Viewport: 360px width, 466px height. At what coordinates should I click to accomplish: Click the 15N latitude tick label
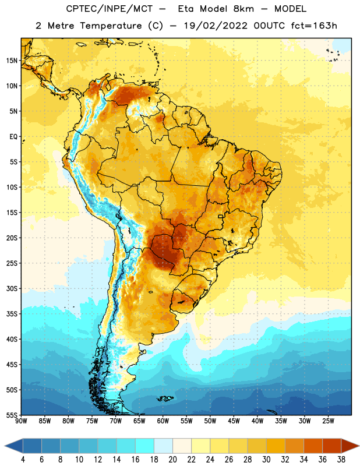(12, 61)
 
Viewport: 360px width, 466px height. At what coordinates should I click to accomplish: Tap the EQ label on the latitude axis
(13, 137)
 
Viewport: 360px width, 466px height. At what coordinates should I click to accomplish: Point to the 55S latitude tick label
(12, 415)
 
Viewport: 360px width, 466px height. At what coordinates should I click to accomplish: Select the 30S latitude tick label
(12, 288)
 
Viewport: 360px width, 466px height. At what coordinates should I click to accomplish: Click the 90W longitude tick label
(21, 421)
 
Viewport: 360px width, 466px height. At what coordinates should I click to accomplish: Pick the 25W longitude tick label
(328, 421)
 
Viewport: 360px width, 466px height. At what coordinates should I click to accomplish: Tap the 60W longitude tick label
(163, 421)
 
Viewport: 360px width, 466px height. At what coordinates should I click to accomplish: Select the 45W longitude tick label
(234, 421)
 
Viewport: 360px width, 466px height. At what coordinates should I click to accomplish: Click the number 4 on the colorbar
(23, 460)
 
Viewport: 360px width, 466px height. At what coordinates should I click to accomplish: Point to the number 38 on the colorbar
(341, 460)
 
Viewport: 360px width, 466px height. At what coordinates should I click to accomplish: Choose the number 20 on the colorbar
(172, 460)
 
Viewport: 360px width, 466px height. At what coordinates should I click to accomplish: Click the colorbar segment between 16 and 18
(144, 446)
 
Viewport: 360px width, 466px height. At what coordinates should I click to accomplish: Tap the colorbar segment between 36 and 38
(332, 446)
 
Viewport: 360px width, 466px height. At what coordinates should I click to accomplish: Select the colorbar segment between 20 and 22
(182, 446)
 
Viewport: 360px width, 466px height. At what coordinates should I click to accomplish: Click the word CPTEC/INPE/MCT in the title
(110, 9)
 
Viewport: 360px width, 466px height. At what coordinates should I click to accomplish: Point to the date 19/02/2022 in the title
(216, 26)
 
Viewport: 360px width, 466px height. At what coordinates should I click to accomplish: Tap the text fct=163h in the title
(314, 26)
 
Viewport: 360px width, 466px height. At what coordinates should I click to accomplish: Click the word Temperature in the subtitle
(111, 26)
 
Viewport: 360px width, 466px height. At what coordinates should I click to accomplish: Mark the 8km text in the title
(243, 9)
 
